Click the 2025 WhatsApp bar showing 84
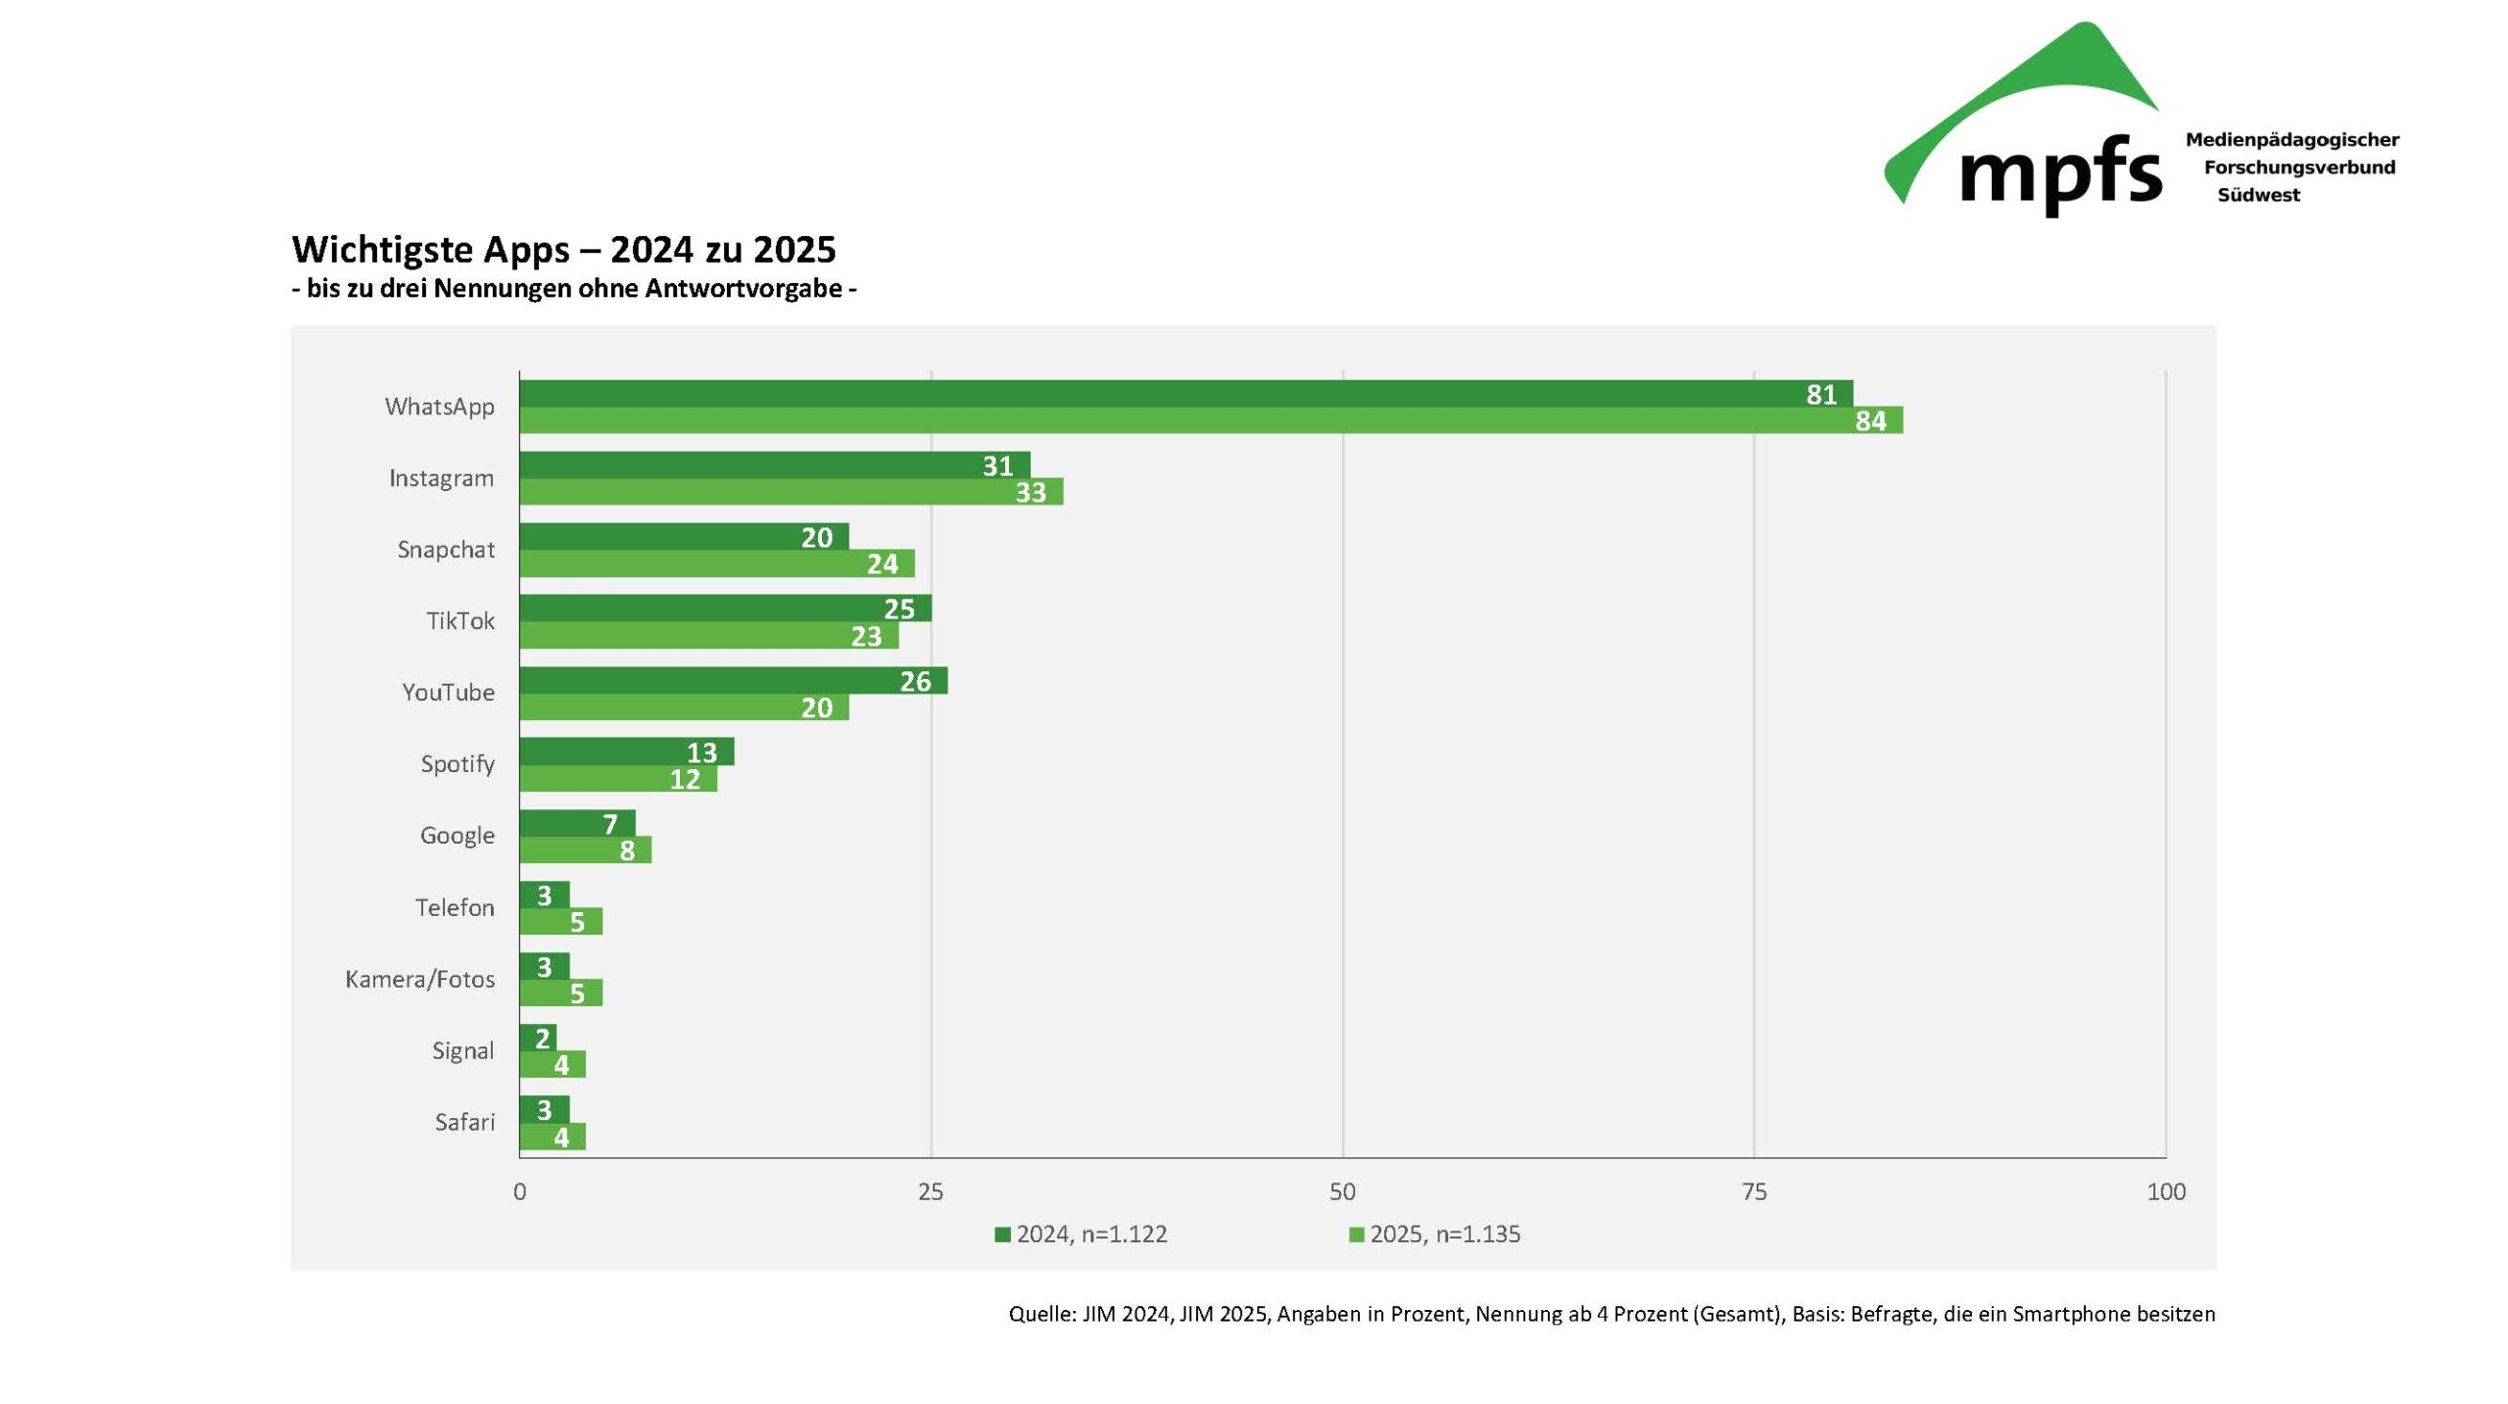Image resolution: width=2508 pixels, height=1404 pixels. (1210, 420)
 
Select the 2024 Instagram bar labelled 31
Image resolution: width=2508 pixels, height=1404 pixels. (774, 465)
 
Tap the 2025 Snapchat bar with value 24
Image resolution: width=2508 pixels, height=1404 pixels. (716, 563)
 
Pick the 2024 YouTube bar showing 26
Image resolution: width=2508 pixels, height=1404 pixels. (733, 681)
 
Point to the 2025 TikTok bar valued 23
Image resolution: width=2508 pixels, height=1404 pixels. (708, 636)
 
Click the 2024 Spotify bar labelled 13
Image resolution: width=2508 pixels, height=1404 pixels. (626, 751)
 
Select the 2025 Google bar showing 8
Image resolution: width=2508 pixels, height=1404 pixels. (585, 850)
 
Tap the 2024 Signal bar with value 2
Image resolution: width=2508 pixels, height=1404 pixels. (538, 1038)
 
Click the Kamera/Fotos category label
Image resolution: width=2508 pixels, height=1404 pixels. (419, 979)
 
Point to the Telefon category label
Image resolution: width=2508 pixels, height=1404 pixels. (455, 907)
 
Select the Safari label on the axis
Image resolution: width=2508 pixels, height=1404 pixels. (464, 1122)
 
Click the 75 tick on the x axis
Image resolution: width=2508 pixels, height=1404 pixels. (1754, 1191)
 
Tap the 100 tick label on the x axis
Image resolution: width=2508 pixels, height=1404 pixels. (2165, 1191)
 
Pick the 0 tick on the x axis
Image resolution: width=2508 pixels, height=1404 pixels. (519, 1191)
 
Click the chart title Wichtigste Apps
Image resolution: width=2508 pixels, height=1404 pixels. (563, 249)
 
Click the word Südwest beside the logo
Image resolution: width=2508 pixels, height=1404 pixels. (2258, 195)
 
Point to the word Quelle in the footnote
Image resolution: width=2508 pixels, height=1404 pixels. (1040, 1314)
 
